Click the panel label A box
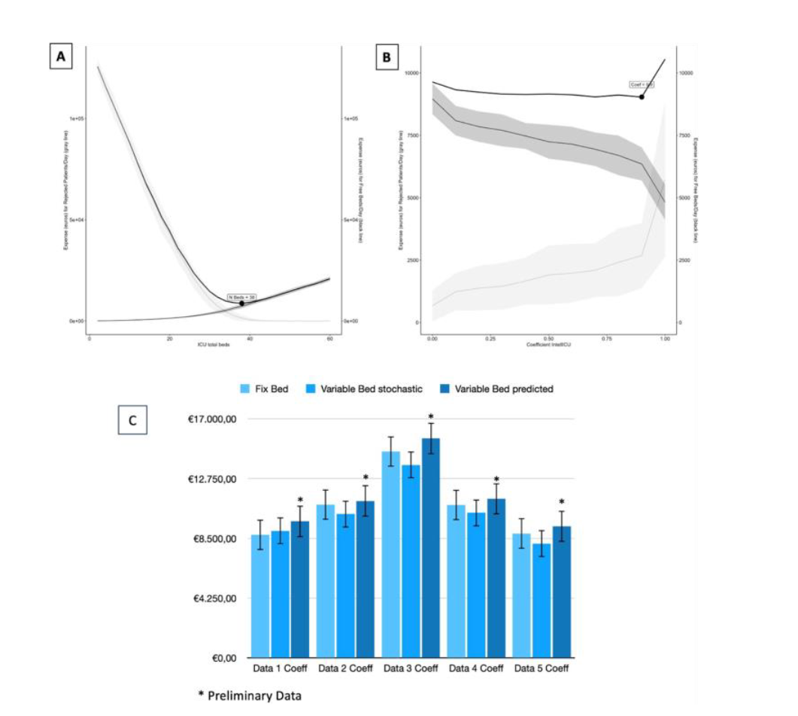click(x=60, y=58)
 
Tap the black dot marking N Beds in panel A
click(x=242, y=303)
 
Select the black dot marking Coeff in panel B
click(x=642, y=96)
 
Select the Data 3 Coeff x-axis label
click(x=411, y=669)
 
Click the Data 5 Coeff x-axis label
click(x=542, y=669)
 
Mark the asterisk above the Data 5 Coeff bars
click(x=562, y=502)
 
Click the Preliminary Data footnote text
click(x=250, y=696)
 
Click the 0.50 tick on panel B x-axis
click(x=548, y=337)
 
